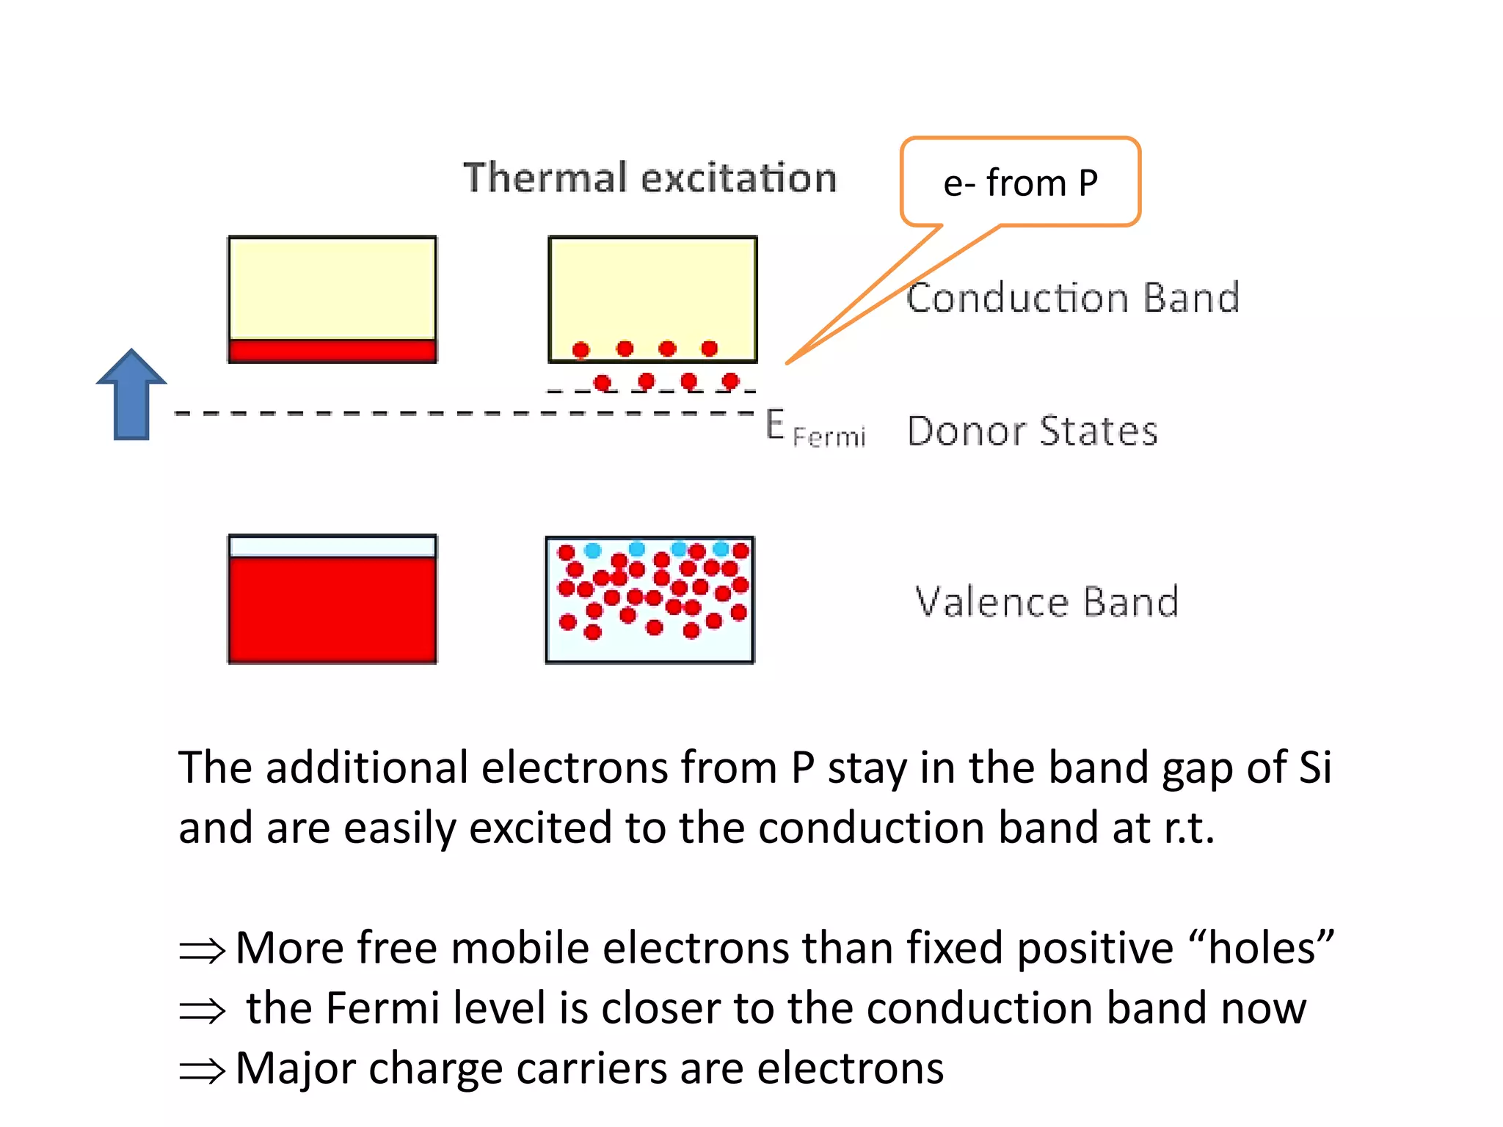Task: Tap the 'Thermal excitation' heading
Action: (x=649, y=178)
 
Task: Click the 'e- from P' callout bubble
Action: (x=1020, y=183)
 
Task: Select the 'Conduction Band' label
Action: (x=1072, y=298)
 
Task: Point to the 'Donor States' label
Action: (x=1032, y=431)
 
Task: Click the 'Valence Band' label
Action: (x=1047, y=602)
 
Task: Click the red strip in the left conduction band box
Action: (x=332, y=351)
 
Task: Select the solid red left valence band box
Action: (x=332, y=609)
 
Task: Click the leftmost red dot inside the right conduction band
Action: (x=581, y=350)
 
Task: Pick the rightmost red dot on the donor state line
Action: (x=730, y=381)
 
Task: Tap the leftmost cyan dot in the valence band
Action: (x=592, y=550)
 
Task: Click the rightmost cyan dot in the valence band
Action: (x=721, y=549)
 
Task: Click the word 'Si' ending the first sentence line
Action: (x=1314, y=768)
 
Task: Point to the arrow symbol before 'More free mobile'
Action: (x=202, y=952)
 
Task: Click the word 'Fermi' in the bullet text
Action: (x=382, y=1008)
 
